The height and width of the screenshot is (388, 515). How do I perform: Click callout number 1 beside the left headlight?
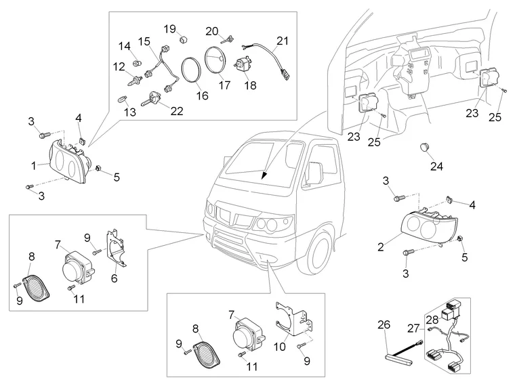(34, 165)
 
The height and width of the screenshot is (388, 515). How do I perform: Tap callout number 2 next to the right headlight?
(382, 246)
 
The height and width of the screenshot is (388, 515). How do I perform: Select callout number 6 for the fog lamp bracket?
(114, 278)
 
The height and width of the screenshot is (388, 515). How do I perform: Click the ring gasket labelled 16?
(191, 70)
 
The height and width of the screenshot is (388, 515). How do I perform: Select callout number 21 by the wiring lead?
(281, 41)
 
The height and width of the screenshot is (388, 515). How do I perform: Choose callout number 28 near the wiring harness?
(432, 320)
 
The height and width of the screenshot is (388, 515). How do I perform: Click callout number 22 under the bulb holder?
(177, 111)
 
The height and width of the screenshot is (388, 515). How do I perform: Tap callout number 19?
(169, 28)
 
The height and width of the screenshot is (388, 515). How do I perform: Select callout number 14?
(125, 46)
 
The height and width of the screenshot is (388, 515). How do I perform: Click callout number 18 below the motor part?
(251, 86)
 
